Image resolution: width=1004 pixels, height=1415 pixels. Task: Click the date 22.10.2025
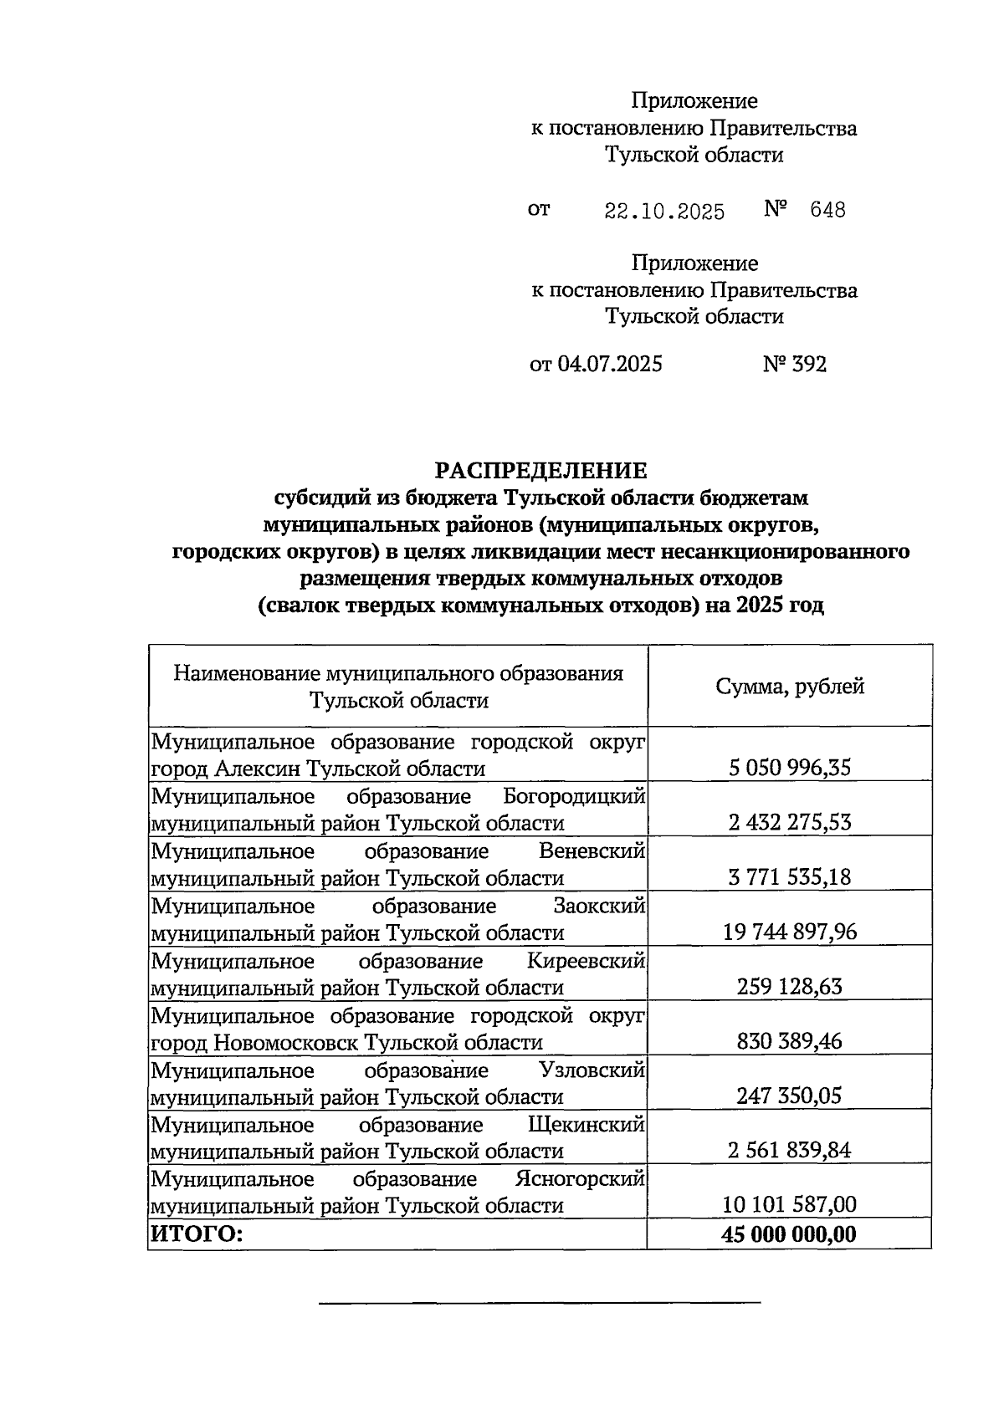tap(664, 211)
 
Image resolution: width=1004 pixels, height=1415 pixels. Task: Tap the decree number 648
tap(827, 210)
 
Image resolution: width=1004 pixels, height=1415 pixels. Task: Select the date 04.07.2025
tap(609, 364)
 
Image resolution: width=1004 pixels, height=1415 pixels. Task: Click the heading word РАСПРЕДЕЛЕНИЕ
tap(540, 470)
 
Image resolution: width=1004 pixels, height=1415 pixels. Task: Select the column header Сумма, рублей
tap(790, 687)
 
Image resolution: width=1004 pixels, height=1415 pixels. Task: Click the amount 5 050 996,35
tap(790, 768)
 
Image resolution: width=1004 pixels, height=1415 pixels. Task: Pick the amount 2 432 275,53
tap(790, 822)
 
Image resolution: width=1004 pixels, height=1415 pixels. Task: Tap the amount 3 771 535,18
tap(790, 877)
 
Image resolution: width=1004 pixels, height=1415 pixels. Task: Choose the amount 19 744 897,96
tap(790, 932)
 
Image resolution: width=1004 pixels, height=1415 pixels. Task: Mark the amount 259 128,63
tap(790, 987)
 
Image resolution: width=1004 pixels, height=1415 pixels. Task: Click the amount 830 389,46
tap(790, 1041)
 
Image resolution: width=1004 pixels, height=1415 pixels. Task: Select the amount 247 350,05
tap(790, 1096)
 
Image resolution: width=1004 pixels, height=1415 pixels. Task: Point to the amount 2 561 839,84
tap(790, 1151)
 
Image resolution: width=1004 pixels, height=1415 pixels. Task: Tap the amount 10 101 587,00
tap(790, 1205)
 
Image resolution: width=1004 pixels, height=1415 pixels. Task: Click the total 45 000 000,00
tap(790, 1234)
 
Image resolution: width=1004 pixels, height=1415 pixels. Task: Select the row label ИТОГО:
tap(196, 1234)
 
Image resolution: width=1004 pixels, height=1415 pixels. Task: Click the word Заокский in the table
tap(599, 906)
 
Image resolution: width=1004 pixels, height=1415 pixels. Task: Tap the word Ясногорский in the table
tap(580, 1179)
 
